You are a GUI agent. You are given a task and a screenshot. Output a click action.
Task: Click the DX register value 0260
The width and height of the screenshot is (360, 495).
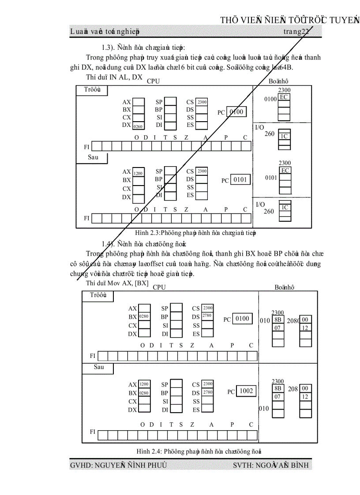tap(139, 126)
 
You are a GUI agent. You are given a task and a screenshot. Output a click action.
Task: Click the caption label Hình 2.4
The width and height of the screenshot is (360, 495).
tap(150, 450)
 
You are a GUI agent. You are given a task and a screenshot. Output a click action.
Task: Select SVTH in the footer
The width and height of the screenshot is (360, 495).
tap(243, 465)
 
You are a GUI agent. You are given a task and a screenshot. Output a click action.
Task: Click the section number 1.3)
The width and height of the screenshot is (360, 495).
tap(109, 47)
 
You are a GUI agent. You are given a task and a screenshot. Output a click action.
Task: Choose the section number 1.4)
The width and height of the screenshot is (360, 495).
tap(109, 244)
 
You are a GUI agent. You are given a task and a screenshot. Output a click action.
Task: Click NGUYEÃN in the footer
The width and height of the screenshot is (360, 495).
tap(111, 465)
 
